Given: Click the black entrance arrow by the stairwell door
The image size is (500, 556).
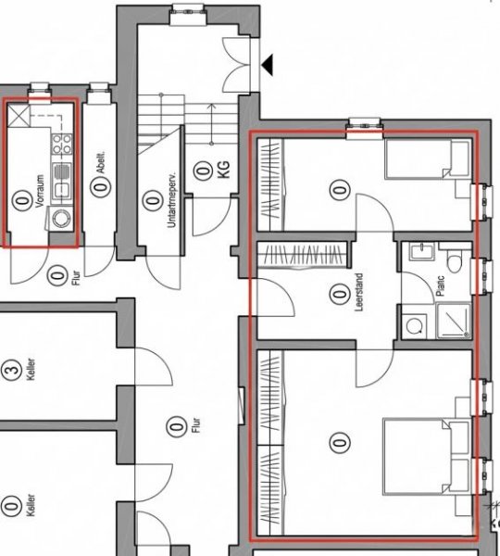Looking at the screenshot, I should point(269,64).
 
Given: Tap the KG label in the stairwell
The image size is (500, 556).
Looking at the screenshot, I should point(222,171).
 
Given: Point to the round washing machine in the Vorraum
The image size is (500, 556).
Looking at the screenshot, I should point(63,219).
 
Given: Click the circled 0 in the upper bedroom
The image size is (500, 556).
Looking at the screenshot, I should point(341,190).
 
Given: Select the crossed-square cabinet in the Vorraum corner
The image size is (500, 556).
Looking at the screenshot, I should point(20,116).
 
